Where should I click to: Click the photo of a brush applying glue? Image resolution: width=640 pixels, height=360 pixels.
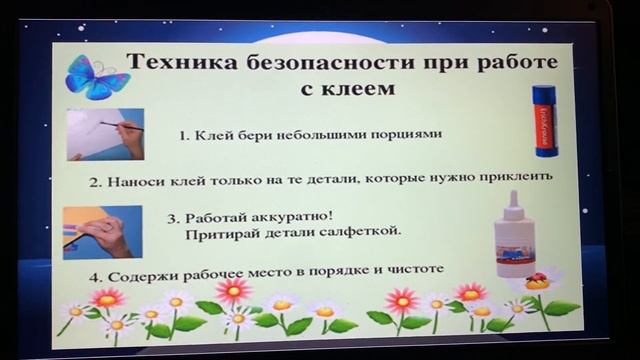point(105,135)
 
